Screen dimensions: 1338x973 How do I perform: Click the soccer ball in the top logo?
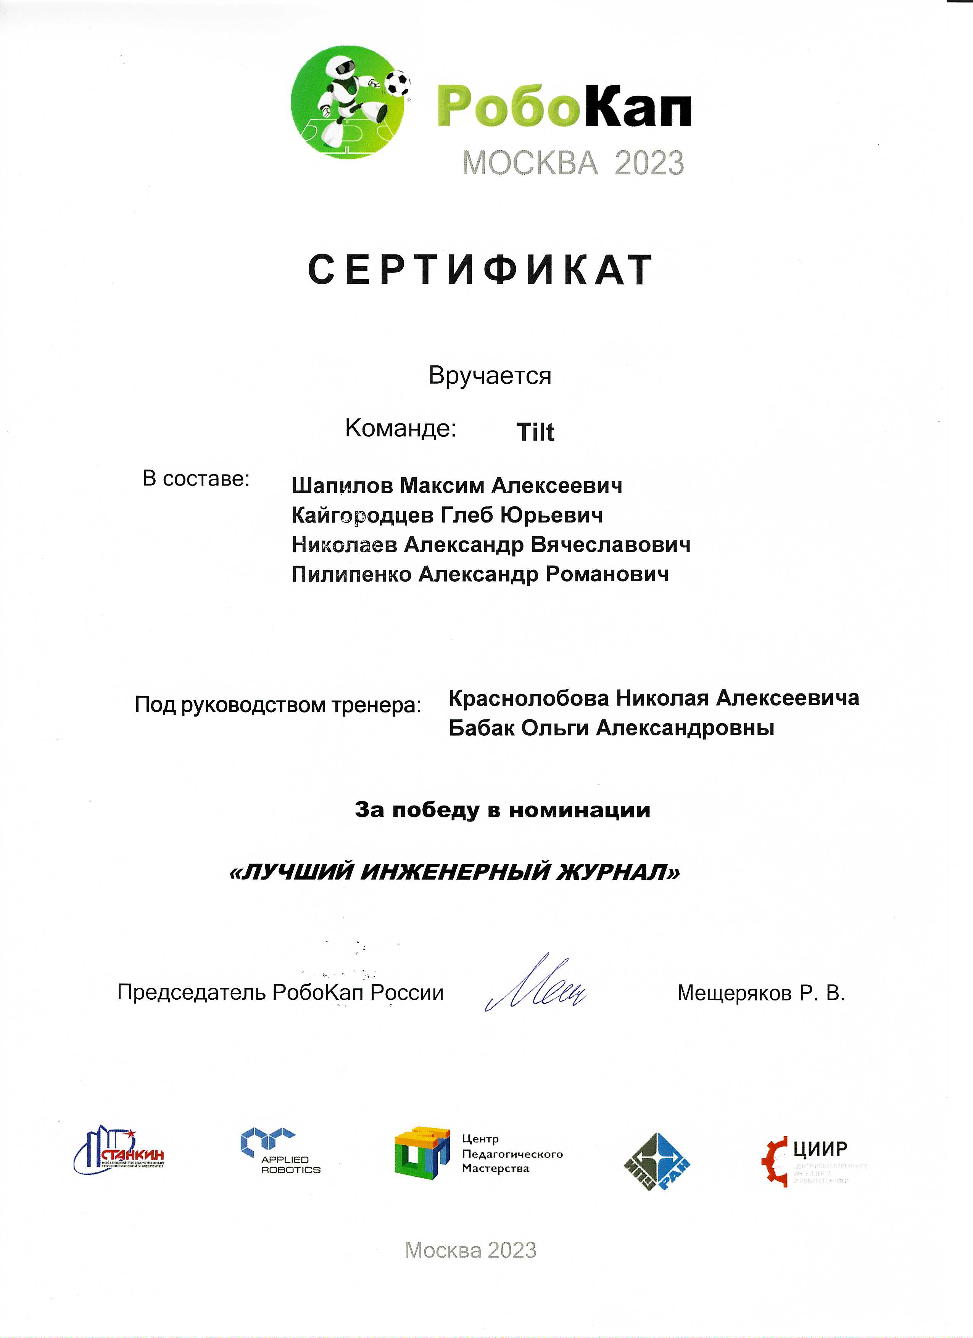398,83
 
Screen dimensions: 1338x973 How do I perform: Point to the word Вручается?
490,376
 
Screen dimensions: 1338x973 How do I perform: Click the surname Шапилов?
342,486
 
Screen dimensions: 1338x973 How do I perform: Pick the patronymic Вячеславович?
611,545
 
